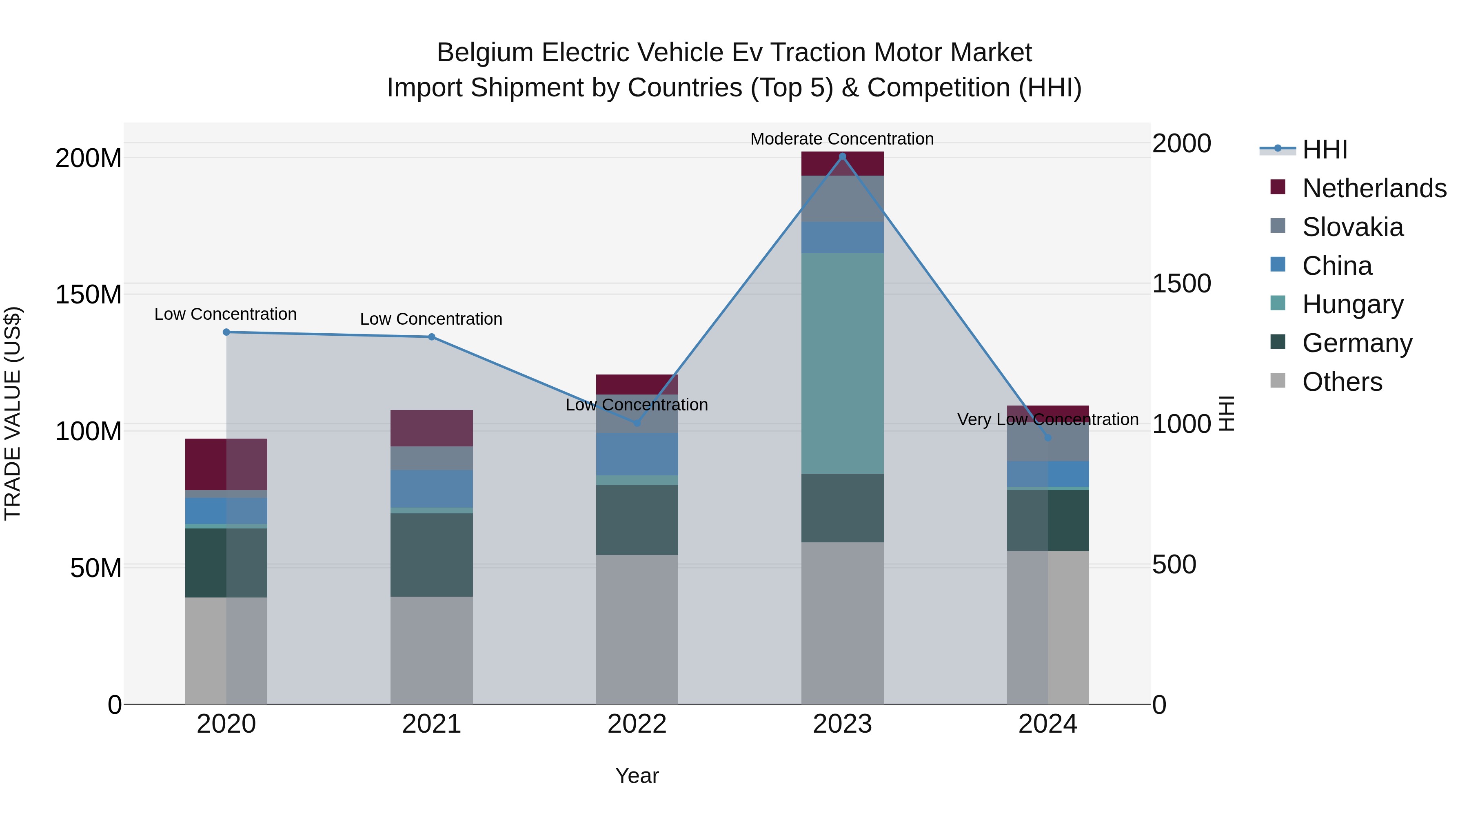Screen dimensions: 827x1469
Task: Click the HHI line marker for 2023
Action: click(842, 156)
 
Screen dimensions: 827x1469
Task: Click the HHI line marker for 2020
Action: click(226, 332)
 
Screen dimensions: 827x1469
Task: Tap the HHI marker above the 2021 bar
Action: click(432, 337)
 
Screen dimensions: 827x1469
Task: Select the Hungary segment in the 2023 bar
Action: click(842, 363)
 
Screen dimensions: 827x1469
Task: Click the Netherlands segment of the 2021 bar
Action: click(432, 428)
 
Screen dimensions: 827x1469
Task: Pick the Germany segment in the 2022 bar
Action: click(637, 520)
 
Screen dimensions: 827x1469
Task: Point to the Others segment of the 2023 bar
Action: click(842, 623)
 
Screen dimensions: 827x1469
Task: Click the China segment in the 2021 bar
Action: click(432, 488)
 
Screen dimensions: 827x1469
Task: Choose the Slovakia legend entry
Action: click(1352, 227)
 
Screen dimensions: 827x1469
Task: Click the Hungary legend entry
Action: click(1352, 304)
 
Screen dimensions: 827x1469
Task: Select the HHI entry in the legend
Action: click(1325, 149)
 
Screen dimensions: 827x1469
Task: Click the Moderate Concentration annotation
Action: click(842, 139)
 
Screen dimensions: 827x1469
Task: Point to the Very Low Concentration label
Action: click(1047, 419)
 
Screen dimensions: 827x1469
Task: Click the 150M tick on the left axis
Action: click(89, 294)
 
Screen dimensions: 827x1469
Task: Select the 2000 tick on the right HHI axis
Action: click(1182, 143)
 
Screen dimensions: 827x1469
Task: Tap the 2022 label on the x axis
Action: click(637, 724)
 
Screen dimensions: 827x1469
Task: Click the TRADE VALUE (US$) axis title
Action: click(13, 413)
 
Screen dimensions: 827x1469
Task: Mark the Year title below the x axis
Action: click(637, 776)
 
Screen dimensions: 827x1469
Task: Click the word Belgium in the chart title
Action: click(485, 53)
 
